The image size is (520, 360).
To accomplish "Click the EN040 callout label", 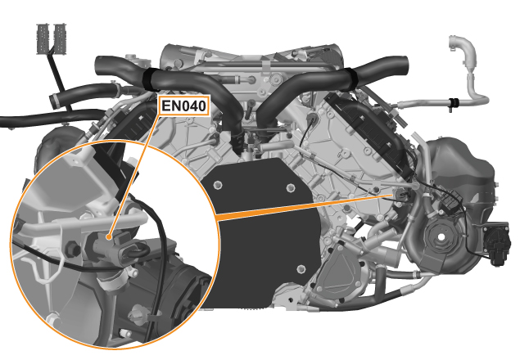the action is pos(183,106).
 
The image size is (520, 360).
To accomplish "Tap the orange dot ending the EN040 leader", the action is pos(108,237).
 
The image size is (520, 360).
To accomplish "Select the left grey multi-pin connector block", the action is pos(43,38).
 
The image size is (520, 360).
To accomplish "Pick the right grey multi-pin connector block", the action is pos(59,38).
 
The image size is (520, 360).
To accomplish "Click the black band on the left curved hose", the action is pos(151,80).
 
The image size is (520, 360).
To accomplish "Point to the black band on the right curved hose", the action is pos(349,79).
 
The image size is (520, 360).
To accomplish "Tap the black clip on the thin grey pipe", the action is pos(454,103).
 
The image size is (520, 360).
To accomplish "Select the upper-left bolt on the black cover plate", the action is pos(218,184).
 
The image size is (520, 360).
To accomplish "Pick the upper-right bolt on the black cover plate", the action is pos(291,188).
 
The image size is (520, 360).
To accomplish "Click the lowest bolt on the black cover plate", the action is pos(301,268).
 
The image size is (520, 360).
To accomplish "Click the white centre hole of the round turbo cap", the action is pos(441,236).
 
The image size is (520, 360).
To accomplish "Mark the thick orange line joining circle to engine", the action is pos(305,206).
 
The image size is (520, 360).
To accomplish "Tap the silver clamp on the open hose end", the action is pos(54,100).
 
